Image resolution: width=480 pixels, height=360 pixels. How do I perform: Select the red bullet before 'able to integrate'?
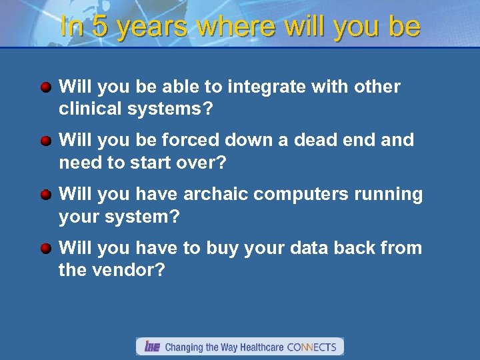pos(45,87)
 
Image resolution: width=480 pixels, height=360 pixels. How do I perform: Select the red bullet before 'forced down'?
pos(45,141)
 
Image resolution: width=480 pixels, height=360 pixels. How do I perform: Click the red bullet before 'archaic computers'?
pos(45,195)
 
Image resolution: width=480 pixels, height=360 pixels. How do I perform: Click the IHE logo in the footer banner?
pos(152,347)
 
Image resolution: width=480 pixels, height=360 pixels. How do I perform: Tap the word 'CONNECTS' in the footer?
pos(312,347)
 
